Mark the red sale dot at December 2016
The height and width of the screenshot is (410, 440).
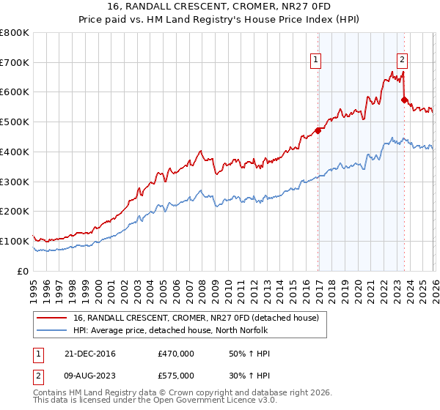coord(318,131)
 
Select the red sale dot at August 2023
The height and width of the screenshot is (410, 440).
coord(404,100)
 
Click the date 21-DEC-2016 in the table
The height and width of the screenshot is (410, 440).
coord(89,354)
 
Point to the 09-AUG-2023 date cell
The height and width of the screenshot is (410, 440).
coord(90,375)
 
